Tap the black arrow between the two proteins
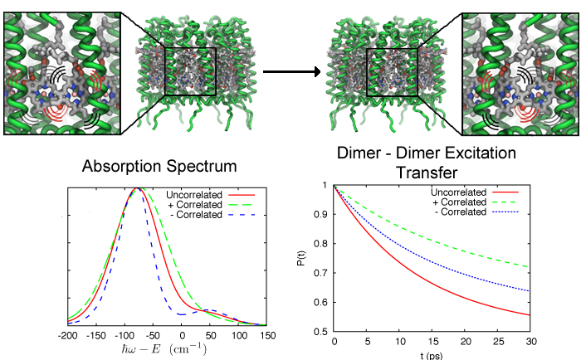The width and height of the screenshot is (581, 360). pyautogui.click(x=291, y=71)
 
